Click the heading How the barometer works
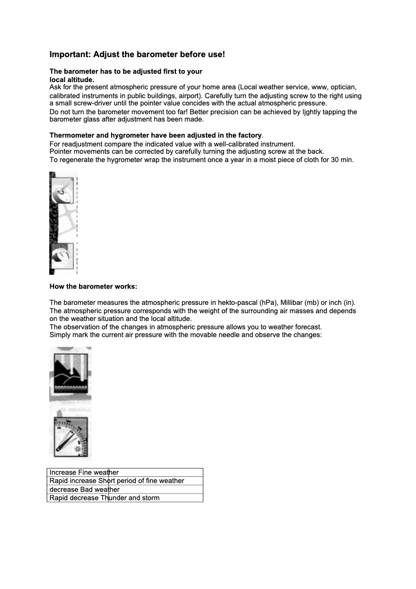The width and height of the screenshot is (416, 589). tap(93, 287)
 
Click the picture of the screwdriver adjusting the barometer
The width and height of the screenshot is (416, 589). tap(63, 223)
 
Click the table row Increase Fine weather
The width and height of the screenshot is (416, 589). tap(84, 473)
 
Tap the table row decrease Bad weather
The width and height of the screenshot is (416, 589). tap(85, 490)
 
